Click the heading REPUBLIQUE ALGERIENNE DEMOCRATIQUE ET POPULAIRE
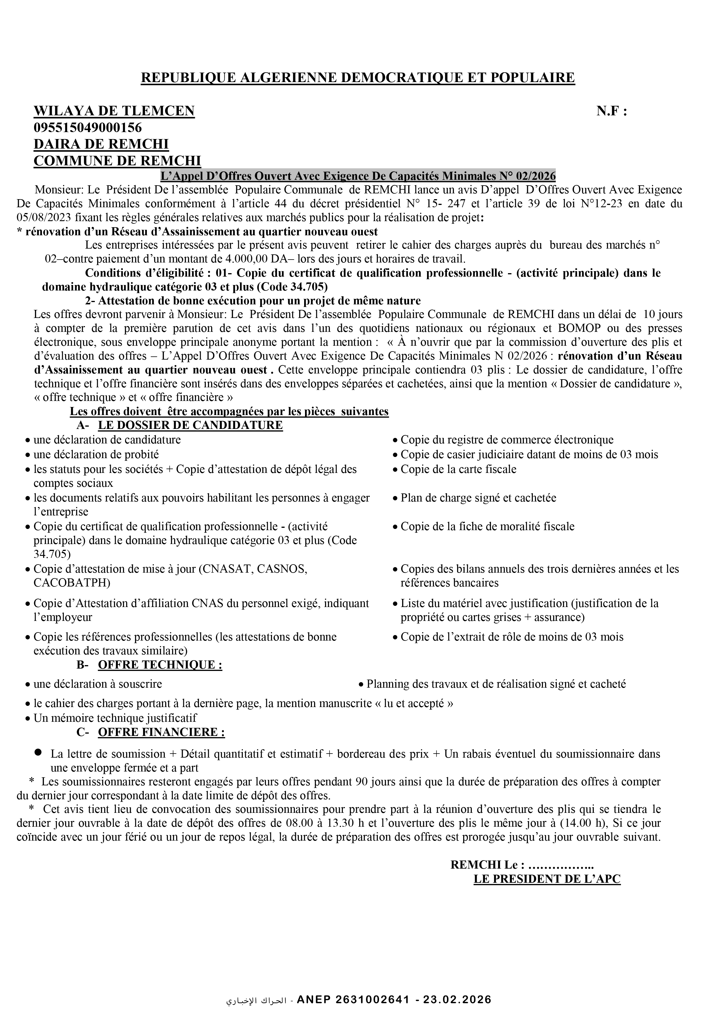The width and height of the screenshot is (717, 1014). coord(358,78)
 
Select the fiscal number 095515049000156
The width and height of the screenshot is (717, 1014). coord(88,128)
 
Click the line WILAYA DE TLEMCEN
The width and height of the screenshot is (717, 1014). coord(114,111)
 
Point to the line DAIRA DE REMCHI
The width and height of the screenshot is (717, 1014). coord(101,144)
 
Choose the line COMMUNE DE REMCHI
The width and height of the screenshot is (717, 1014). coord(117,161)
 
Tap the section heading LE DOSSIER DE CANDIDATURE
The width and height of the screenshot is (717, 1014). coord(190,425)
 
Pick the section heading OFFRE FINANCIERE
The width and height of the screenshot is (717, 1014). coord(161,732)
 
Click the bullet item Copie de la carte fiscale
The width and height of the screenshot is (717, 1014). coord(458,469)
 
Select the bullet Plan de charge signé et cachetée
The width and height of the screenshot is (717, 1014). coord(478,498)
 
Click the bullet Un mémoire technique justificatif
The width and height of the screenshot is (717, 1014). coord(115,718)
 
